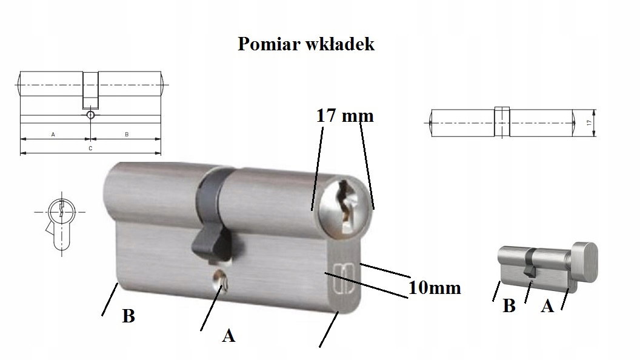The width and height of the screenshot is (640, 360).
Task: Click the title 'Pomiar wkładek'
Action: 305,44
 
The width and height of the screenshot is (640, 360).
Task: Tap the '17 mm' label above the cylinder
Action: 345,116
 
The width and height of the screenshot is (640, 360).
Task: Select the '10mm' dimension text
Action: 435,288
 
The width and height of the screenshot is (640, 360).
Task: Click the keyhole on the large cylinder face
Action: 346,204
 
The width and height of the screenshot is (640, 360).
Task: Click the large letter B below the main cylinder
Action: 128,316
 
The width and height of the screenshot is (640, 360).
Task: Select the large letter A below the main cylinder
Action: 228,336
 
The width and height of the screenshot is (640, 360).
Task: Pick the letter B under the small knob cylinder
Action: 509,305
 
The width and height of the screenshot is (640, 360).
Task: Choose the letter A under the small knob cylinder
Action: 547,305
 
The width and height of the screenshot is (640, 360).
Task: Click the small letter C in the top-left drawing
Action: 91,148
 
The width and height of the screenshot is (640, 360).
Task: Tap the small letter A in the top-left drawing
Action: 53,135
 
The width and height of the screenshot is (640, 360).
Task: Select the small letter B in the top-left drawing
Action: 127,135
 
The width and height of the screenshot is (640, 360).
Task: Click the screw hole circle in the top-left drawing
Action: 91,115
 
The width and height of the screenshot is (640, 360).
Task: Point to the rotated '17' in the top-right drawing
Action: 588,122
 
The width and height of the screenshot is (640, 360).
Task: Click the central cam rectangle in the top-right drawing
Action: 502,122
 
